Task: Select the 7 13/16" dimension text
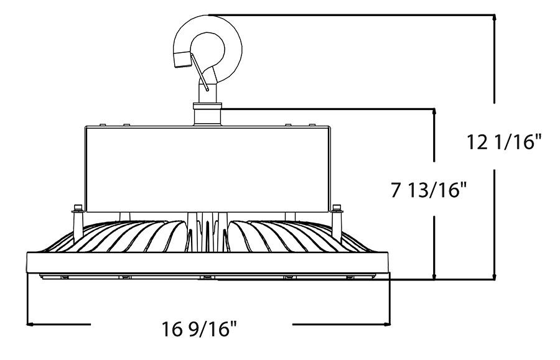tap(429, 190)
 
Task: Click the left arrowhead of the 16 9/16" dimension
tap(31, 323)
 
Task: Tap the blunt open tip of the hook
tap(182, 60)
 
